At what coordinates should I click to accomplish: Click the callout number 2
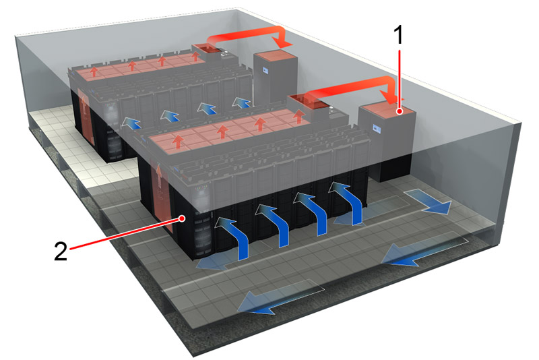point(61,250)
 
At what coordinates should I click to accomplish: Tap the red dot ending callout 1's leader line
point(400,112)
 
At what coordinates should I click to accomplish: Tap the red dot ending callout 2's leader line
point(183,218)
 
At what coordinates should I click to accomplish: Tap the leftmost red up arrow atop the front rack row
point(179,142)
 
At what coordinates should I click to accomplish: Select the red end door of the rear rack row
point(85,111)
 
